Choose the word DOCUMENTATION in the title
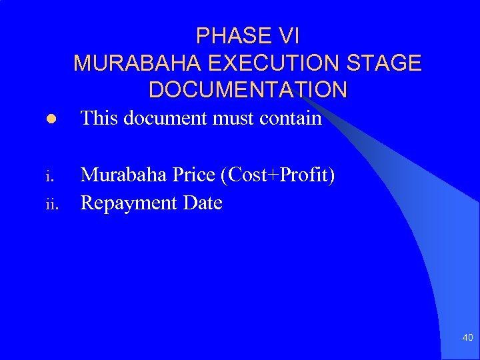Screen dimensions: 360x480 click(x=247, y=89)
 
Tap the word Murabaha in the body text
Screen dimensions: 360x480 click(x=125, y=176)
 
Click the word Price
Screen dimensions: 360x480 click(x=199, y=176)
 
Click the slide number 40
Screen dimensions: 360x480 click(x=467, y=338)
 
